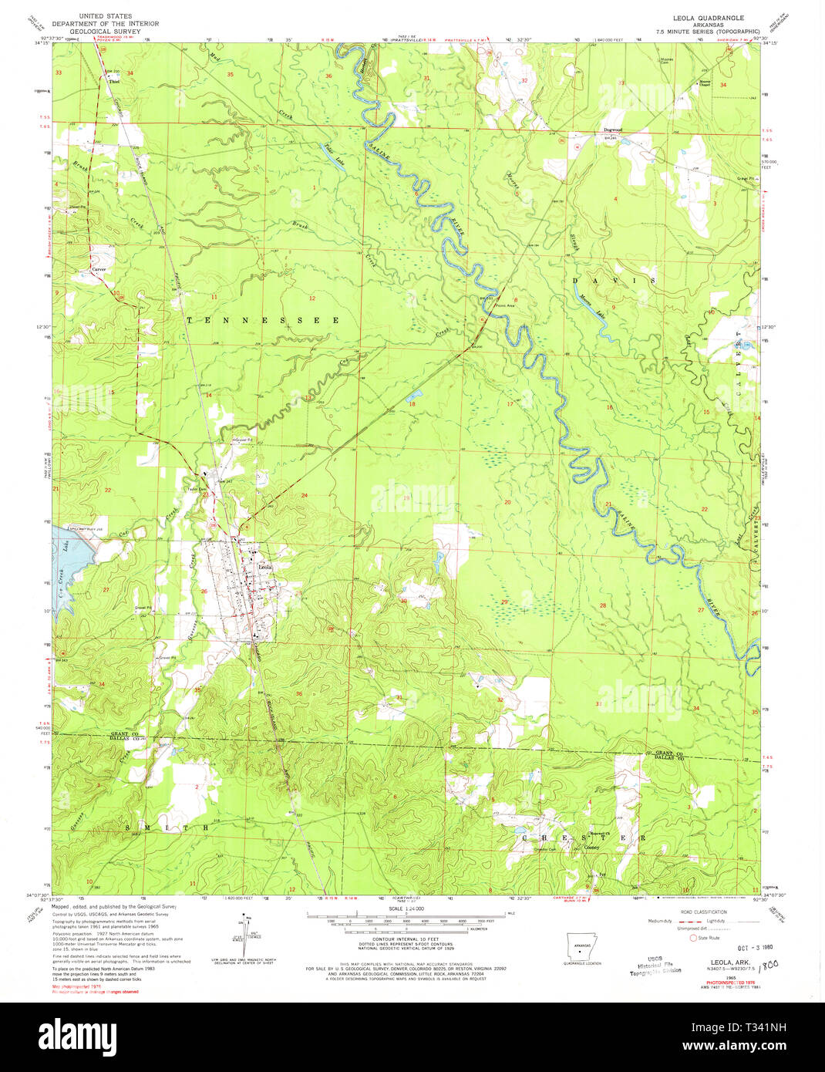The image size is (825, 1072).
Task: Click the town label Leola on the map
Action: [265, 567]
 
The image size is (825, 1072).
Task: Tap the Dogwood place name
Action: [612, 130]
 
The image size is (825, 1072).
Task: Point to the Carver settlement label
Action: [98, 269]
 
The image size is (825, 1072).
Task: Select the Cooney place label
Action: [591, 847]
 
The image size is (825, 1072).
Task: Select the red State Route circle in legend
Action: [692, 939]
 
